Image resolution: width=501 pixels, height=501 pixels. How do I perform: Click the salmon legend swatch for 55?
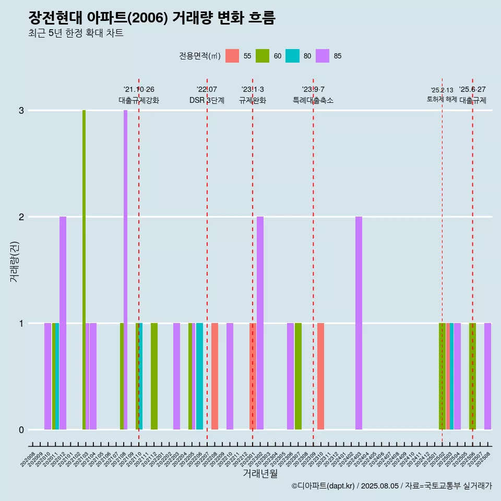tap(232, 56)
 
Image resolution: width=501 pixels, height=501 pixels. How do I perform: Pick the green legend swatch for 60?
tap(263, 56)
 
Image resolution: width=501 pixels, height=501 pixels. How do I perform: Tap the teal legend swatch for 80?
tap(293, 56)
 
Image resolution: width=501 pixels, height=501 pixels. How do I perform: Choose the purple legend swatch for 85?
tap(323, 56)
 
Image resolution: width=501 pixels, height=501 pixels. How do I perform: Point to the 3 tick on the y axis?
tap(21, 111)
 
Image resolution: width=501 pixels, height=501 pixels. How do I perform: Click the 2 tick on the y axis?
tap(21, 217)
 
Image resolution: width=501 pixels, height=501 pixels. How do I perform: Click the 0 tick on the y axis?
tap(21, 430)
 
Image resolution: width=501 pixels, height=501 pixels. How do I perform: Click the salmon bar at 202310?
tap(320, 376)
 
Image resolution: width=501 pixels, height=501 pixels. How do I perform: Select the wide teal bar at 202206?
tap(199, 376)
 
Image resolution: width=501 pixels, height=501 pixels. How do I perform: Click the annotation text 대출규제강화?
tap(139, 100)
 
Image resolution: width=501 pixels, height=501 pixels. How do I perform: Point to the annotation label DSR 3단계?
tap(207, 100)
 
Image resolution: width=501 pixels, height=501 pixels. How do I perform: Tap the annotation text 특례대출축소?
tap(313, 100)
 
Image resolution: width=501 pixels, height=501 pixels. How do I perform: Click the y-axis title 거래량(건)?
tap(14, 261)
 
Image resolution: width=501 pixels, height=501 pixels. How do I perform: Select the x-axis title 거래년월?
tap(260, 473)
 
